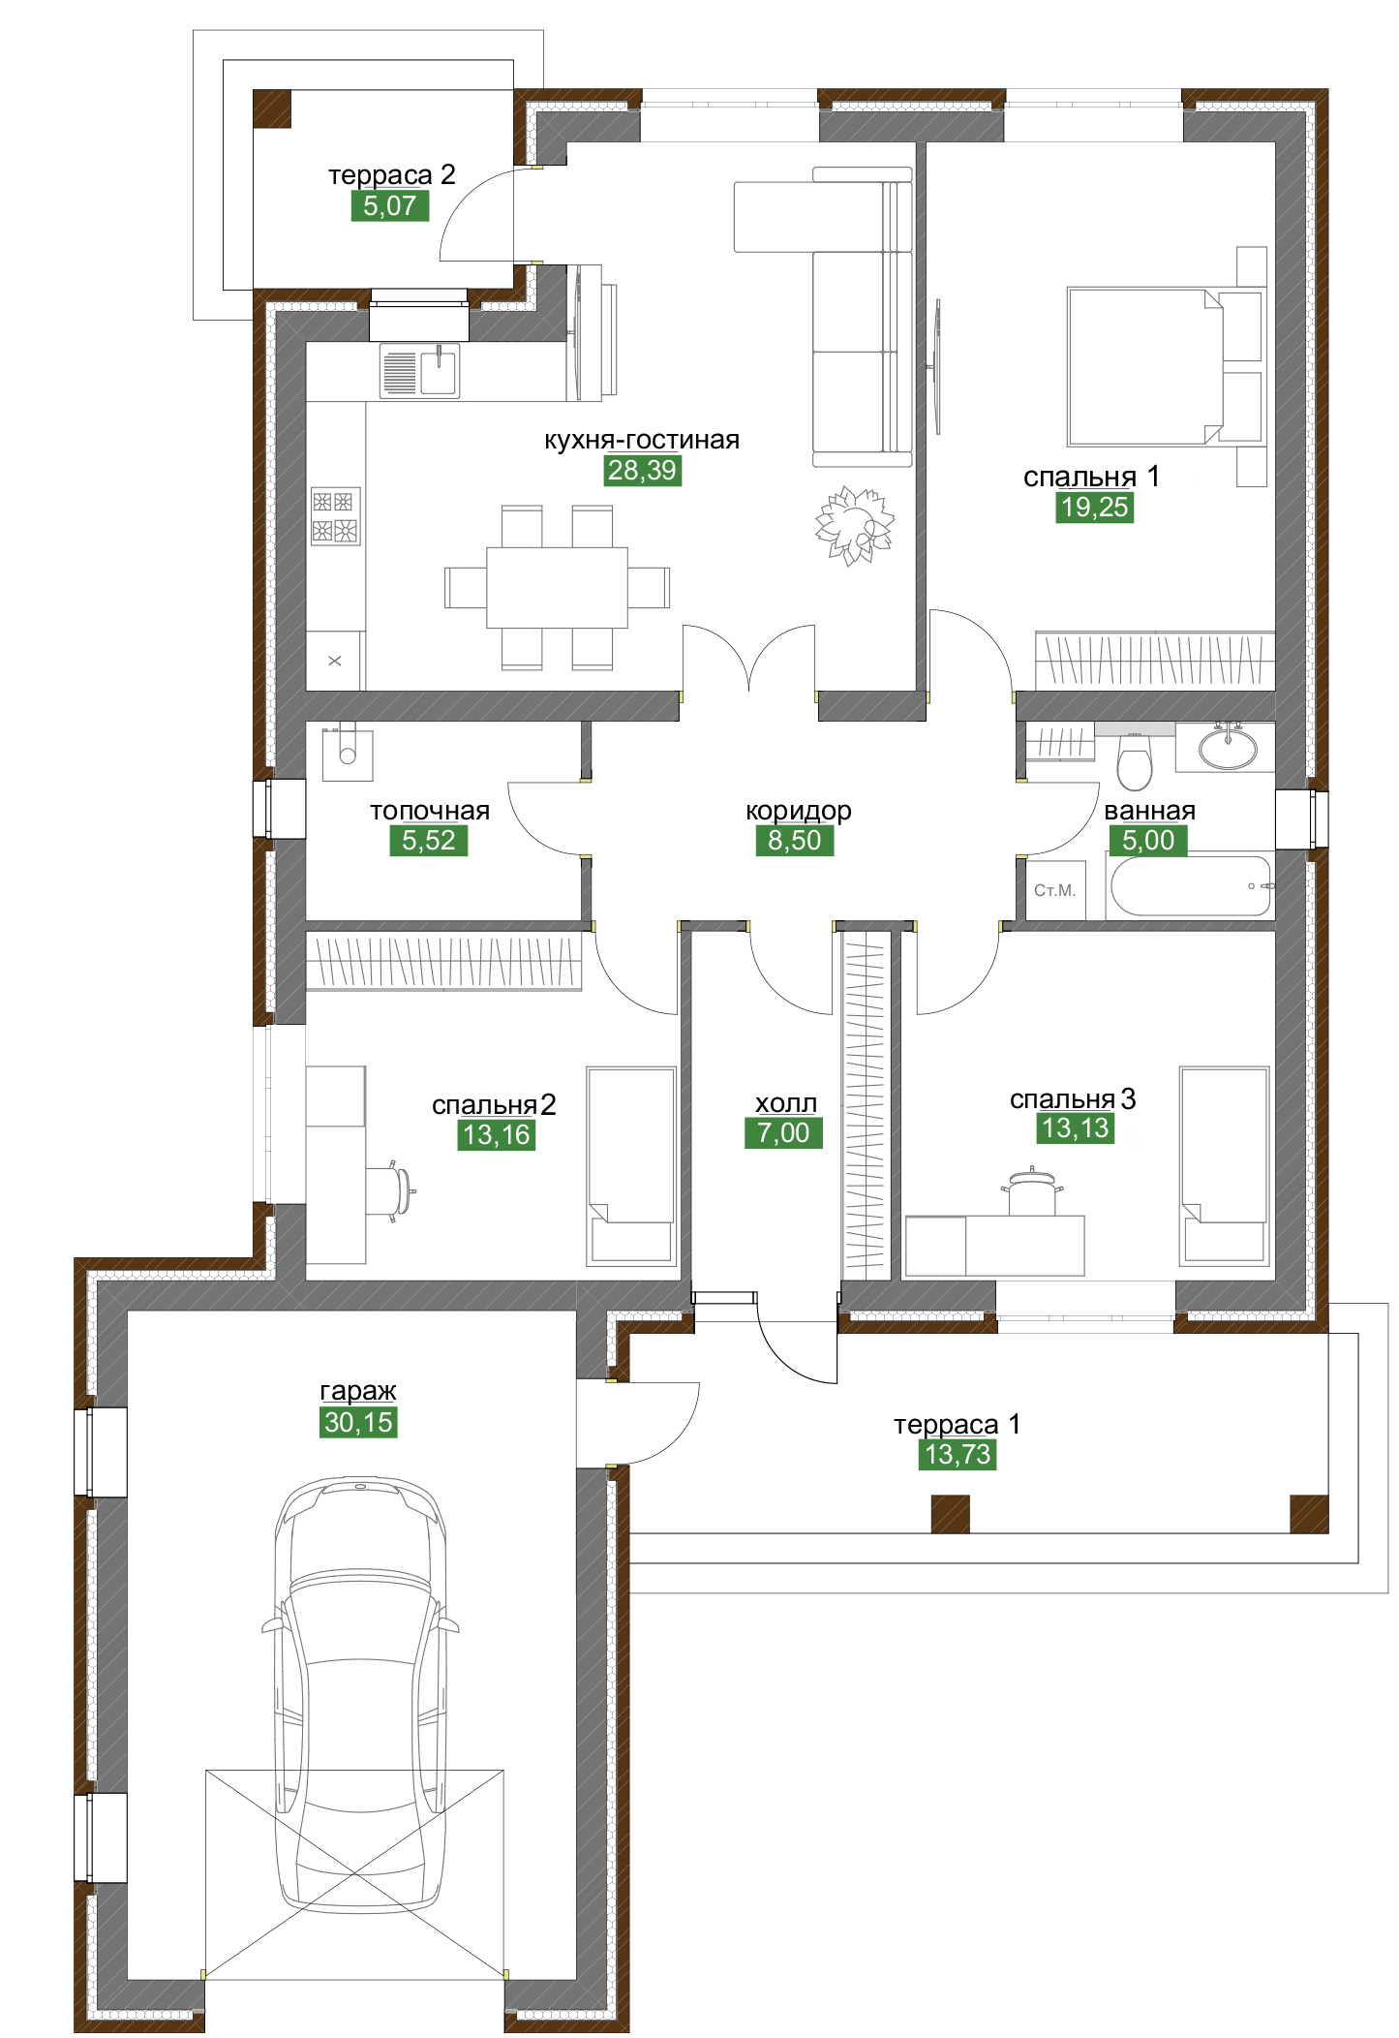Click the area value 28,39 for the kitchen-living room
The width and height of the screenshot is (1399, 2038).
[643, 471]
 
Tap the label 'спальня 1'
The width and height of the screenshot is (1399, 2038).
[1091, 477]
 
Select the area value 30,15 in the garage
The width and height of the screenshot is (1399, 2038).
[358, 1423]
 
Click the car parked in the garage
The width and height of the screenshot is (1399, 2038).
[360, 1694]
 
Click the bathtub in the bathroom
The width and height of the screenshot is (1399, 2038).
[1192, 885]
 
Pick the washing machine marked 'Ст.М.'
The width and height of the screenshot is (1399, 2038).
[1055, 890]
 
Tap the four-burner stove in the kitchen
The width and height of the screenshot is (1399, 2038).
[335, 516]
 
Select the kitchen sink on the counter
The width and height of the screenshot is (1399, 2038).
[419, 371]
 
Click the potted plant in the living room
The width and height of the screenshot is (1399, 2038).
[853, 525]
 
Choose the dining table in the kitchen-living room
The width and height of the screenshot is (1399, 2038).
[557, 587]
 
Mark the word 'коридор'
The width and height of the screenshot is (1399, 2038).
[798, 811]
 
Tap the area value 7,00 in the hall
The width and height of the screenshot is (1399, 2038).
[783, 1133]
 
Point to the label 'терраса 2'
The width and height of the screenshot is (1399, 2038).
[391, 175]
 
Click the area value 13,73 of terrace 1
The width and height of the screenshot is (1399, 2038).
[958, 1455]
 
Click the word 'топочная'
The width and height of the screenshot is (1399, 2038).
[430, 811]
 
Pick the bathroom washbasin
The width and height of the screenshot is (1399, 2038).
[1228, 748]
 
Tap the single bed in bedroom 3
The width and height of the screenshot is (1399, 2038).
[1224, 1166]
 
